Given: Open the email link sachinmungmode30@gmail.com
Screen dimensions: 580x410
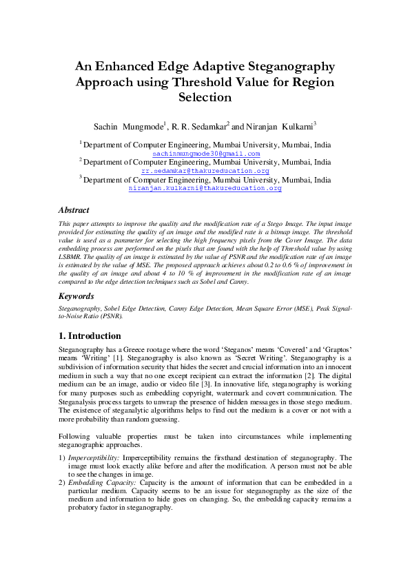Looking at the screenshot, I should pos(206,154).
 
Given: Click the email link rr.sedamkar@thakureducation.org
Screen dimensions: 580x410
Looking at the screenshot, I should pos(205,171).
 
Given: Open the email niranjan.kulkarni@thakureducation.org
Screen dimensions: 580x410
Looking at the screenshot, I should pos(205,188).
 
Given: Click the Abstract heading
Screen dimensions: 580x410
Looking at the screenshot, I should pos(74,209).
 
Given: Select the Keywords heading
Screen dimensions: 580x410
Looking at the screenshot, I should pos(76,296).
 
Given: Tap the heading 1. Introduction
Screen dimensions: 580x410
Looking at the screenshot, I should pos(90,336).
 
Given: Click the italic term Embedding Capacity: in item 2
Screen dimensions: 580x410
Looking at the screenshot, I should pos(101,483).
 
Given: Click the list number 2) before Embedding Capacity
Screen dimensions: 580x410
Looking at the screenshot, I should pos(62,483).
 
